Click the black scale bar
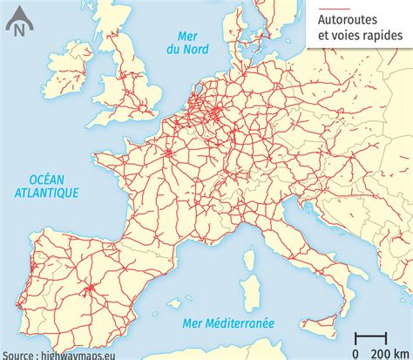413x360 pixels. point(371,336)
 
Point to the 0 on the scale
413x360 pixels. point(356,351)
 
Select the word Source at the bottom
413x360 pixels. point(18,354)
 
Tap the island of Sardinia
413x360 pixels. point(246,296)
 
